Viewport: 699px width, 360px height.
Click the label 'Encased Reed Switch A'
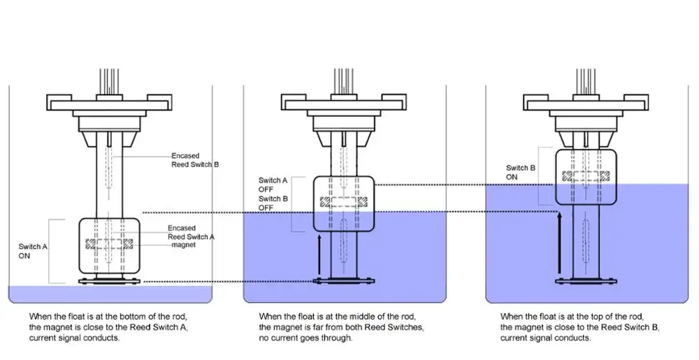click(191, 232)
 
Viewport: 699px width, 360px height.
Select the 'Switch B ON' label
click(521, 172)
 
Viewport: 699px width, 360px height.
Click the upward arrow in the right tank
click(559, 245)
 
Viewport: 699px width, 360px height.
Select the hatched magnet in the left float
click(108, 245)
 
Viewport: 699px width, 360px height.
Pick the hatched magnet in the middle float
click(343, 202)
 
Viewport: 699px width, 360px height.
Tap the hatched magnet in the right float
click(585, 175)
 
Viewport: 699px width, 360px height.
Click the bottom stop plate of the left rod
click(108, 282)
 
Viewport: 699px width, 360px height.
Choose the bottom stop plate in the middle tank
click(343, 282)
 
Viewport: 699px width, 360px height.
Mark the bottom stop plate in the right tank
click(585, 282)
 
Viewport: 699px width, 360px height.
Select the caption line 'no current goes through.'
click(305, 338)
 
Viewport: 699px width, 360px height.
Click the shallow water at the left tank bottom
click(42, 293)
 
